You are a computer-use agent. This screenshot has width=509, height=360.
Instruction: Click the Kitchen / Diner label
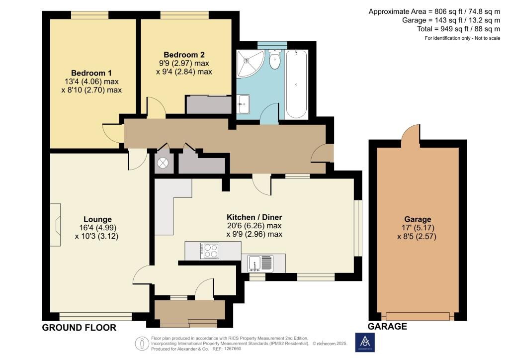point(254,217)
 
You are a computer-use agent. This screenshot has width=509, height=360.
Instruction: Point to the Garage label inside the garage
point(418,219)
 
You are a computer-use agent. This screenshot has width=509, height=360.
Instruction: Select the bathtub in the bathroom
point(296,83)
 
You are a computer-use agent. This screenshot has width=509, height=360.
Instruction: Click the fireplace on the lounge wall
point(57,219)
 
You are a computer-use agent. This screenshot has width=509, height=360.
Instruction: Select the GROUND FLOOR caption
point(79,327)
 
